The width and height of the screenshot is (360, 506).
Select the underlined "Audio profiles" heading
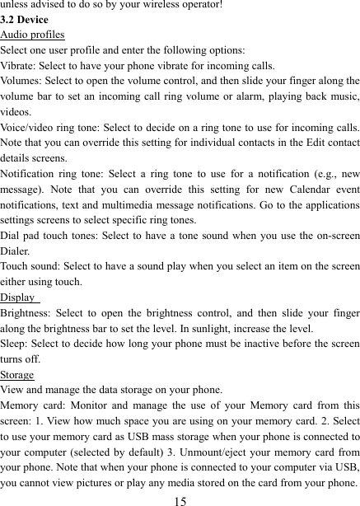tap(33, 35)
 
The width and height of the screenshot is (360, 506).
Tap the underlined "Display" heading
tap(18, 298)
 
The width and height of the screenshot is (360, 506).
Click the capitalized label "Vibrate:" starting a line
tap(20, 65)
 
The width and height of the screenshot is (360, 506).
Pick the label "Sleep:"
tap(16, 344)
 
